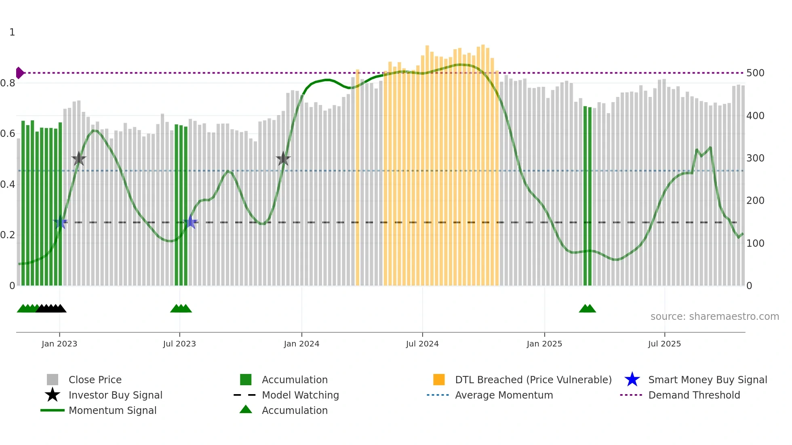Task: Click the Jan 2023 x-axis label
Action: pyautogui.click(x=59, y=344)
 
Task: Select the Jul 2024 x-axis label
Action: pyautogui.click(x=422, y=344)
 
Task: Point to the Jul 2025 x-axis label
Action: pyautogui.click(x=664, y=344)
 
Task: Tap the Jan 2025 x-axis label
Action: pyautogui.click(x=544, y=344)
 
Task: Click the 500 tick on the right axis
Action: pyautogui.click(x=755, y=73)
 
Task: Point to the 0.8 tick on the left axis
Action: pyautogui.click(x=8, y=83)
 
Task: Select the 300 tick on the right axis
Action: pyautogui.click(x=755, y=158)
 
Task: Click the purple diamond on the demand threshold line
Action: pyautogui.click(x=19, y=73)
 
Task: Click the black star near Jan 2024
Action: pyautogui.click(x=283, y=159)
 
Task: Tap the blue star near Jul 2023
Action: pyautogui.click(x=191, y=222)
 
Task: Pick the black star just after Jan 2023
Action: pyautogui.click(x=79, y=159)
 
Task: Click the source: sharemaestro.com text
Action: pyautogui.click(x=714, y=317)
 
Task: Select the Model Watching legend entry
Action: pyautogui.click(x=300, y=395)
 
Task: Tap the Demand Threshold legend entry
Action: pyautogui.click(x=694, y=395)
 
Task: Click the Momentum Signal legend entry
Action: pyautogui.click(x=112, y=410)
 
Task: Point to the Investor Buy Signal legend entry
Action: pyautogui.click(x=115, y=395)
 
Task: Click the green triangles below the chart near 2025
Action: pyautogui.click(x=587, y=309)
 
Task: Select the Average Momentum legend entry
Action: pyautogui.click(x=503, y=395)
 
